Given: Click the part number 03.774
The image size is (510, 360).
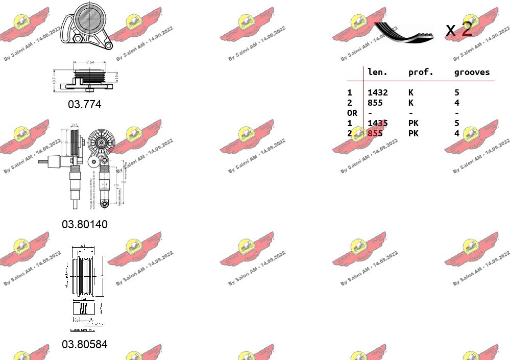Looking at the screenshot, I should pos(85,104).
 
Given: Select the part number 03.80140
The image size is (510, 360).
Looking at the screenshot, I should pos(85,224).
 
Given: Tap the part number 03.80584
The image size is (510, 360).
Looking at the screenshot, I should pos(85,344).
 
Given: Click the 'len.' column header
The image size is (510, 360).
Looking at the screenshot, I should pos(377,73).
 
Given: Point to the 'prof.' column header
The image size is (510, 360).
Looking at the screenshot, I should pos(421,73).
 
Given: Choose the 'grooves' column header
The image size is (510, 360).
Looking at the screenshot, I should pos(472,73).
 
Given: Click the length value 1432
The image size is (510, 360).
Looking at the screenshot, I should pos(377,92).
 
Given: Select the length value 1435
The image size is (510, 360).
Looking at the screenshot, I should pos(377,123).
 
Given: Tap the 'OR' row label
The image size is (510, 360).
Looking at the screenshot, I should pos(352,113).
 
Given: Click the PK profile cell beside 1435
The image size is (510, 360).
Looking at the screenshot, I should pos(413,123).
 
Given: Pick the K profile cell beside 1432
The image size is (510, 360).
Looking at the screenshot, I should pos(410,92).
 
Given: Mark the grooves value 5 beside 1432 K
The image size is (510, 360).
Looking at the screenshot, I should pos(456,92).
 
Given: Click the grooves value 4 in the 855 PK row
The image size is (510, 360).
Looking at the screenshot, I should pos(456,133).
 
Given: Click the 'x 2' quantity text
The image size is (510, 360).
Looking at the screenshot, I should pos(458,30).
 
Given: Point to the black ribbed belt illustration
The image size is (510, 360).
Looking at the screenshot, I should pos(403,32).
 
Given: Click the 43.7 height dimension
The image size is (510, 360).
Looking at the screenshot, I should pos(54,81).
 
